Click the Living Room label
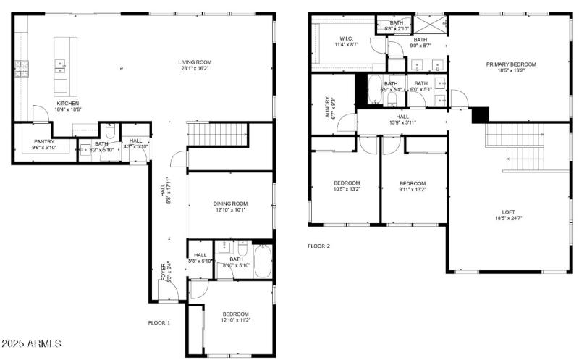[195, 62]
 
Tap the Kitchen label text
[67, 103]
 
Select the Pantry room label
[44, 142]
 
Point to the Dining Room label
[230, 204]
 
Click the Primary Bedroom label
[510, 64]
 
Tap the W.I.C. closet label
[345, 38]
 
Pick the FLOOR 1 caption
[159, 322]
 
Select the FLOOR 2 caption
[318, 246]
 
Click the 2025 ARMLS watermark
[31, 343]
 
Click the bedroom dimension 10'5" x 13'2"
[346, 189]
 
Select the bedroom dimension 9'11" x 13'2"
[412, 190]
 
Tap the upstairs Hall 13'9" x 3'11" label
[402, 122]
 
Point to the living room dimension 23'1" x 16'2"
[195, 70]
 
